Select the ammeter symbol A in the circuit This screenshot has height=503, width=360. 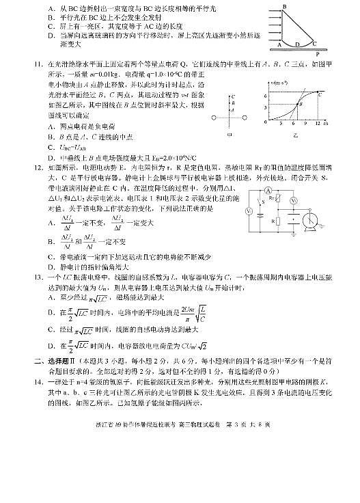point(268,188)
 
